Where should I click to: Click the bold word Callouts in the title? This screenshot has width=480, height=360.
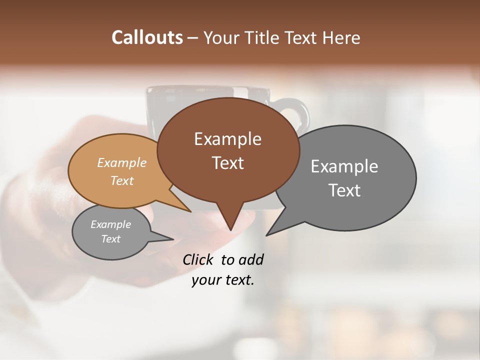click(147, 37)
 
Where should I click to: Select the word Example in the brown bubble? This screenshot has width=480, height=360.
click(227, 139)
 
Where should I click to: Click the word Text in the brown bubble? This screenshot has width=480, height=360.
click(227, 163)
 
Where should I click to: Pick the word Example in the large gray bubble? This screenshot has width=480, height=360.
click(344, 166)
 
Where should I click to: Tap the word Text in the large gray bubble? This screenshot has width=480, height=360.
click(344, 190)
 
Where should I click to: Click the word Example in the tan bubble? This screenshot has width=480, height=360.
click(122, 163)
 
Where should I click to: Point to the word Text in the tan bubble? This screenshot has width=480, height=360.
click(122, 180)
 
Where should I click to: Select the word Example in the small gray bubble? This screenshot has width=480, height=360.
click(110, 224)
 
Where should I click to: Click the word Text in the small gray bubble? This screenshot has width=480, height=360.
click(110, 239)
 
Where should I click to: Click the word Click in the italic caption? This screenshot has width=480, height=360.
click(199, 259)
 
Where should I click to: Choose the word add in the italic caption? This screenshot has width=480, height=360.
click(250, 259)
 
